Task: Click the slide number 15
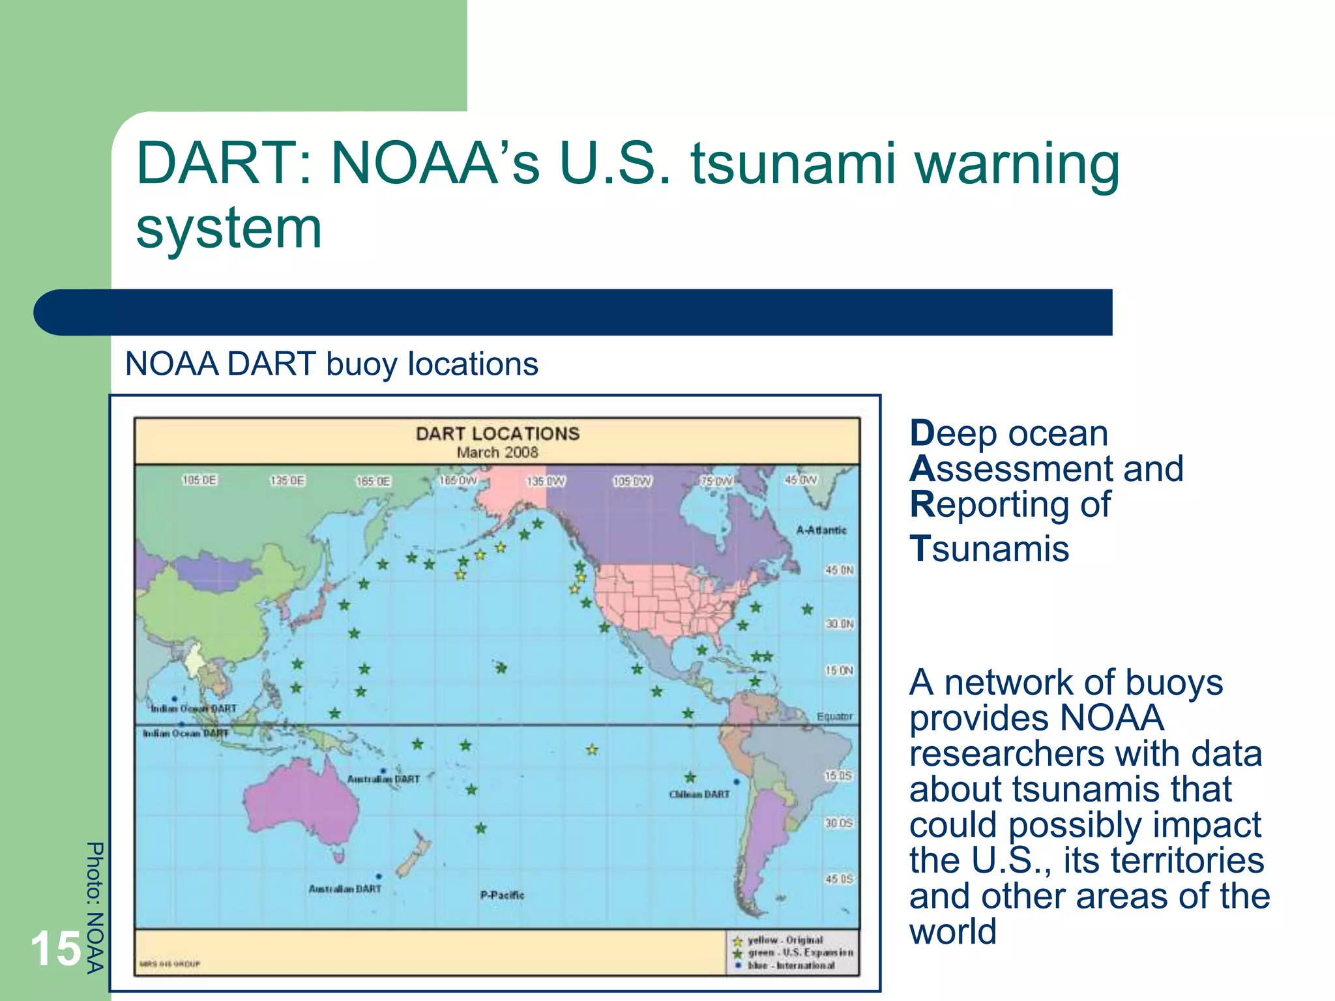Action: [56, 949]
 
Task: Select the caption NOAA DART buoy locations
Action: [331, 364]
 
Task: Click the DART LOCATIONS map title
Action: [497, 433]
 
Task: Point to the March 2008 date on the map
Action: [497, 452]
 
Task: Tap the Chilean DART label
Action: [699, 794]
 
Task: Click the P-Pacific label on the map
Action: [502, 895]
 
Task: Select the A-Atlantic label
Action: [821, 530]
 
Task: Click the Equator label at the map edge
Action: [834, 716]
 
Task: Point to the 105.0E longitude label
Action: [199, 480]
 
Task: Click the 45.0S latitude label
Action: [839, 879]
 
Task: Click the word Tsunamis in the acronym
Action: [989, 548]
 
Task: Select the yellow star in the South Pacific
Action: [592, 749]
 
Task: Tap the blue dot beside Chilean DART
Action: [737, 781]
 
